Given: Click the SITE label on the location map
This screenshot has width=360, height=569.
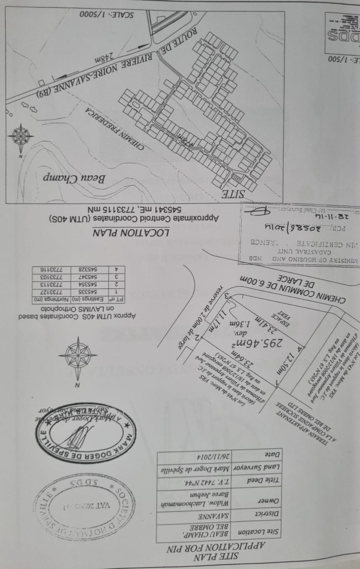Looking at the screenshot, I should coord(233,194).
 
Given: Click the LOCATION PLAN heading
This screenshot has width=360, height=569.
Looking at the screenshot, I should coord(131,233).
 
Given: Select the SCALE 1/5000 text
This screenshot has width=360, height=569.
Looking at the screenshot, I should coord(106,15).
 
